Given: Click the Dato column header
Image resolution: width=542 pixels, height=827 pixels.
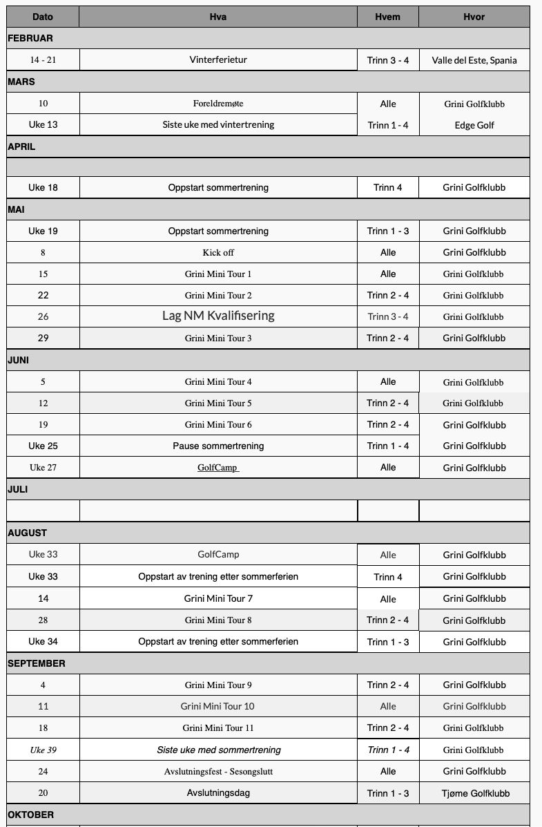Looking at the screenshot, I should point(43,17).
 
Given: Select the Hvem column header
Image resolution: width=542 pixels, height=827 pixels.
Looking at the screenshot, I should point(387,17).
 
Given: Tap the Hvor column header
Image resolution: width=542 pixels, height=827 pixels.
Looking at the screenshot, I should point(474,17).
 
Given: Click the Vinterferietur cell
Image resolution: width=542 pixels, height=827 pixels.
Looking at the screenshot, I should point(218,60).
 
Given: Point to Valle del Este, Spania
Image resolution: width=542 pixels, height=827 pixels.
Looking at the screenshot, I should point(474,60).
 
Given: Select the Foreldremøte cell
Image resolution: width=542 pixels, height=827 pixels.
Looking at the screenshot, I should point(218,104).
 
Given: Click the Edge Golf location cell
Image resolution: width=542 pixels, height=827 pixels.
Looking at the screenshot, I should point(474,125).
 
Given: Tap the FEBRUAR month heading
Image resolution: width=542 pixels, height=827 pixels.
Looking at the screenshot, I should point(30,39).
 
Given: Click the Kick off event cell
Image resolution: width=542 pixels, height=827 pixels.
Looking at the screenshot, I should point(218,253).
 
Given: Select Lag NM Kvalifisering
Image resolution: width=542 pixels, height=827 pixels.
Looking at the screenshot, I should point(218,316).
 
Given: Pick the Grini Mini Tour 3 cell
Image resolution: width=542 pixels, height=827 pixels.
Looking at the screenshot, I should point(218,339).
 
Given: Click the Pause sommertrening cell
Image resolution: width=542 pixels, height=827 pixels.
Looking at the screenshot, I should point(218,446).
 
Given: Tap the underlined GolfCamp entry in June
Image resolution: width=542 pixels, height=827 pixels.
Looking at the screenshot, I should point(218,468).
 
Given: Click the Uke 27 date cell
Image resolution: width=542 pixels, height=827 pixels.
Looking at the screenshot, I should point(43,468).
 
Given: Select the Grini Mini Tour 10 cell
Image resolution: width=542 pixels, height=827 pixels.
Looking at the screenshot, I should point(218,706).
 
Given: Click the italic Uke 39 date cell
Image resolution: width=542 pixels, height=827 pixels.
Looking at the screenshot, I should point(43,750).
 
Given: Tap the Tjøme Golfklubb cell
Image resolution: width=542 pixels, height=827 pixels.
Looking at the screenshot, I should point(474,793).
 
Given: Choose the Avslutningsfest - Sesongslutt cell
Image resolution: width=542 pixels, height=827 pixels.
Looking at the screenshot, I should point(218,771).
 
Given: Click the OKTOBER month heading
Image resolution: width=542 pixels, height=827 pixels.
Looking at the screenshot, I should point(30,815).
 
